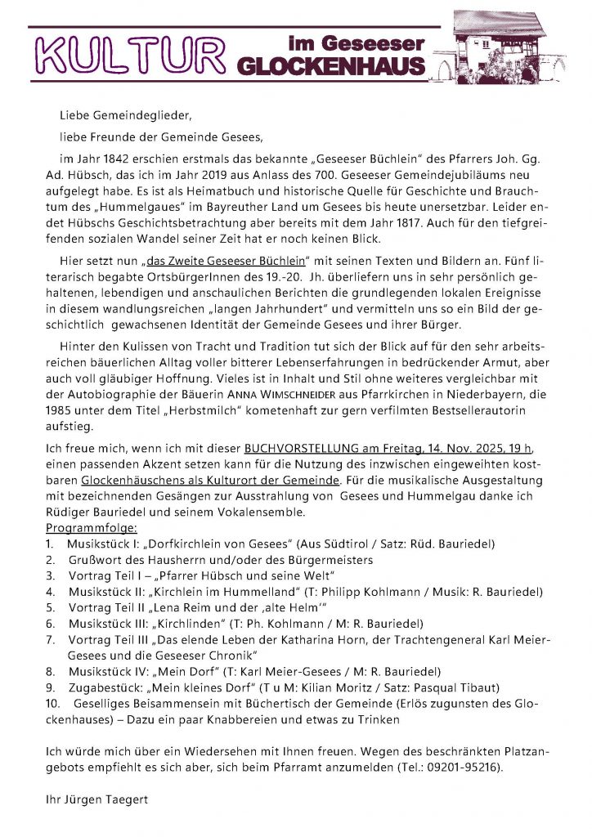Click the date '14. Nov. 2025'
(x=462, y=449)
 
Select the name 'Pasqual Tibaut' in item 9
(x=456, y=687)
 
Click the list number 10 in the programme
(x=53, y=703)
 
